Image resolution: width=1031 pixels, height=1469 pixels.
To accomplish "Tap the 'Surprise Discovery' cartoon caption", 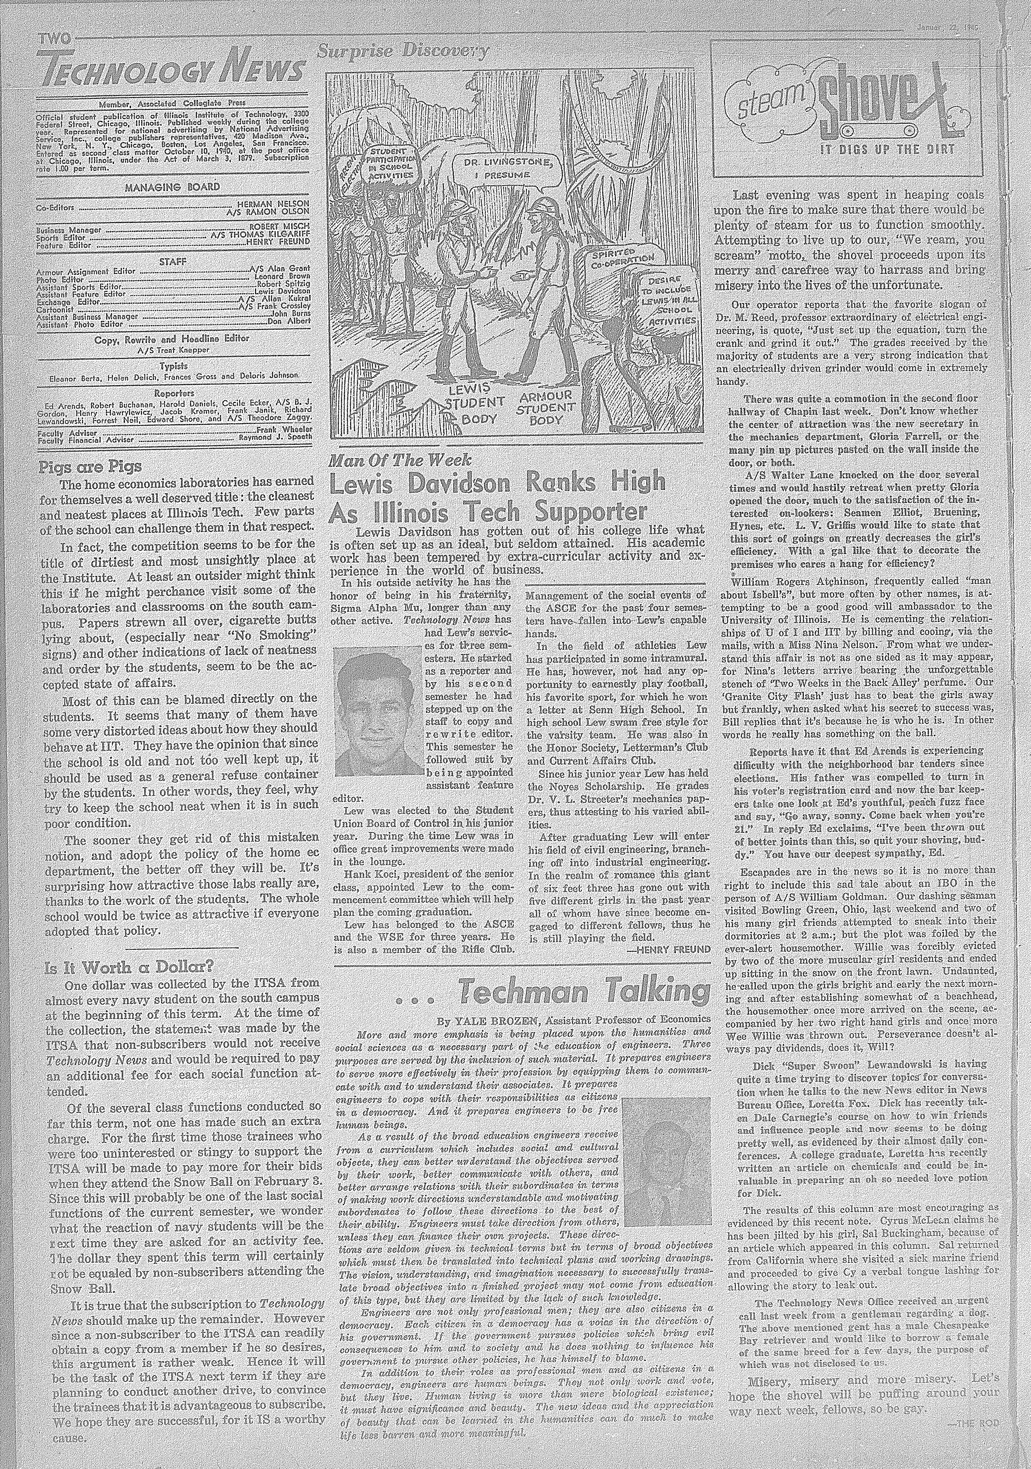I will tap(403, 52).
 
